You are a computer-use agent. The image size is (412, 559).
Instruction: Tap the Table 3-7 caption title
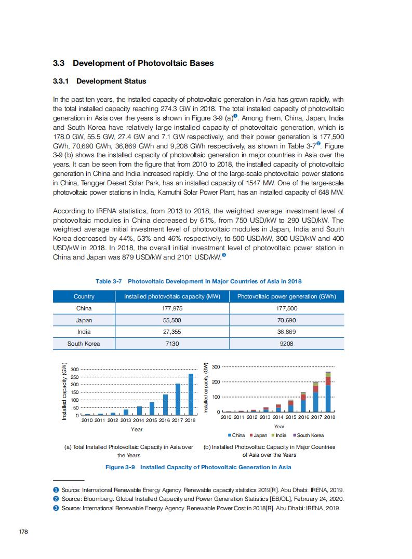click(x=198, y=281)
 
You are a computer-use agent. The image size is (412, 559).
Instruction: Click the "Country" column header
click(x=84, y=296)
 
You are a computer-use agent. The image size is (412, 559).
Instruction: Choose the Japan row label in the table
click(x=84, y=320)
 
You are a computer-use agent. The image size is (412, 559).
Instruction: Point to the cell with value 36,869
click(x=287, y=332)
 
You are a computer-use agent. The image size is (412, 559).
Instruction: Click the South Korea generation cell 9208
click(x=287, y=344)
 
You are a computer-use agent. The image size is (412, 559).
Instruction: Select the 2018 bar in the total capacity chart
click(x=191, y=394)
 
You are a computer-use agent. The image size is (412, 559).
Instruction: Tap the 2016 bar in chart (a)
click(x=165, y=405)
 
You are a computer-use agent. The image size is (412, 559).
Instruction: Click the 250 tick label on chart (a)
click(x=75, y=377)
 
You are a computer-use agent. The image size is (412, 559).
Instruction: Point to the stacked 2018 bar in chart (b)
click(x=328, y=392)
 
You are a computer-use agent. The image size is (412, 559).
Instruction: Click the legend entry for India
click(x=279, y=435)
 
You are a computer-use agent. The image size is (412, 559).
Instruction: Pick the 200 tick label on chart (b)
click(x=216, y=382)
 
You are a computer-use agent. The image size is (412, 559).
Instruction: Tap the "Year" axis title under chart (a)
click(x=137, y=429)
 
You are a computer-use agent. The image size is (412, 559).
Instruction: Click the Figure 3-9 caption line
click(x=198, y=467)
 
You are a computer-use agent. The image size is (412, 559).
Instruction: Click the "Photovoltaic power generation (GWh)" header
click(x=287, y=296)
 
